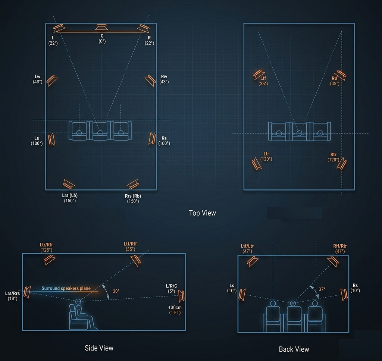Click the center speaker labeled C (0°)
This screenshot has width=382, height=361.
click(101, 27)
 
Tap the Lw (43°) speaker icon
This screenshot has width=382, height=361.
click(52, 81)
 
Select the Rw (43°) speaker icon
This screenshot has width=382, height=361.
click(150, 81)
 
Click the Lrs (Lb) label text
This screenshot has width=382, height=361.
click(70, 195)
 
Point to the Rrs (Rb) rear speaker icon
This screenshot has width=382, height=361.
click(133, 184)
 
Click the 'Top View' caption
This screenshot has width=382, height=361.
click(203, 213)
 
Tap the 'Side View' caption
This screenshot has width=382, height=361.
click(99, 348)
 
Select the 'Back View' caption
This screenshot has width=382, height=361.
click(294, 349)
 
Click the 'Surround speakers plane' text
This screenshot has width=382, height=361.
click(66, 288)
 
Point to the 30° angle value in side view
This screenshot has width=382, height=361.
click(116, 291)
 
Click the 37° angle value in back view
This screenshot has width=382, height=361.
click(322, 289)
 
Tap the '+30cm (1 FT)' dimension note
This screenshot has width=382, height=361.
click(175, 310)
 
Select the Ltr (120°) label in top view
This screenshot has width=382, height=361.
click(266, 156)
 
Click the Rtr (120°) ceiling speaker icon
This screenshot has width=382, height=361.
click(342, 163)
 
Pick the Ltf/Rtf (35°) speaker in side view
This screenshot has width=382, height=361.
click(136, 260)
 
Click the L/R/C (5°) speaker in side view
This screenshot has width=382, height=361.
click(181, 296)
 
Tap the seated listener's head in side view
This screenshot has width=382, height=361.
click(78, 302)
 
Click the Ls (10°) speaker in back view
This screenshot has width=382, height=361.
click(242, 295)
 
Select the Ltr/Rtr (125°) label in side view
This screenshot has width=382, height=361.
click(46, 247)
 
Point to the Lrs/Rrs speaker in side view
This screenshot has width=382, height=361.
click(27, 292)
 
